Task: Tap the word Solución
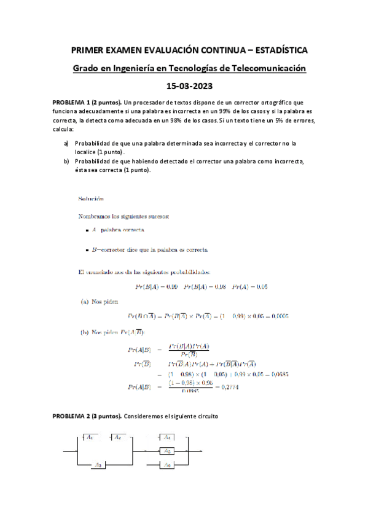pyautogui.click(x=91, y=198)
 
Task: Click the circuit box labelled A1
pyautogui.click(x=90, y=437)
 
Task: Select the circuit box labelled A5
pyautogui.click(x=166, y=452)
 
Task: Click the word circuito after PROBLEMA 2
pyautogui.click(x=203, y=417)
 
